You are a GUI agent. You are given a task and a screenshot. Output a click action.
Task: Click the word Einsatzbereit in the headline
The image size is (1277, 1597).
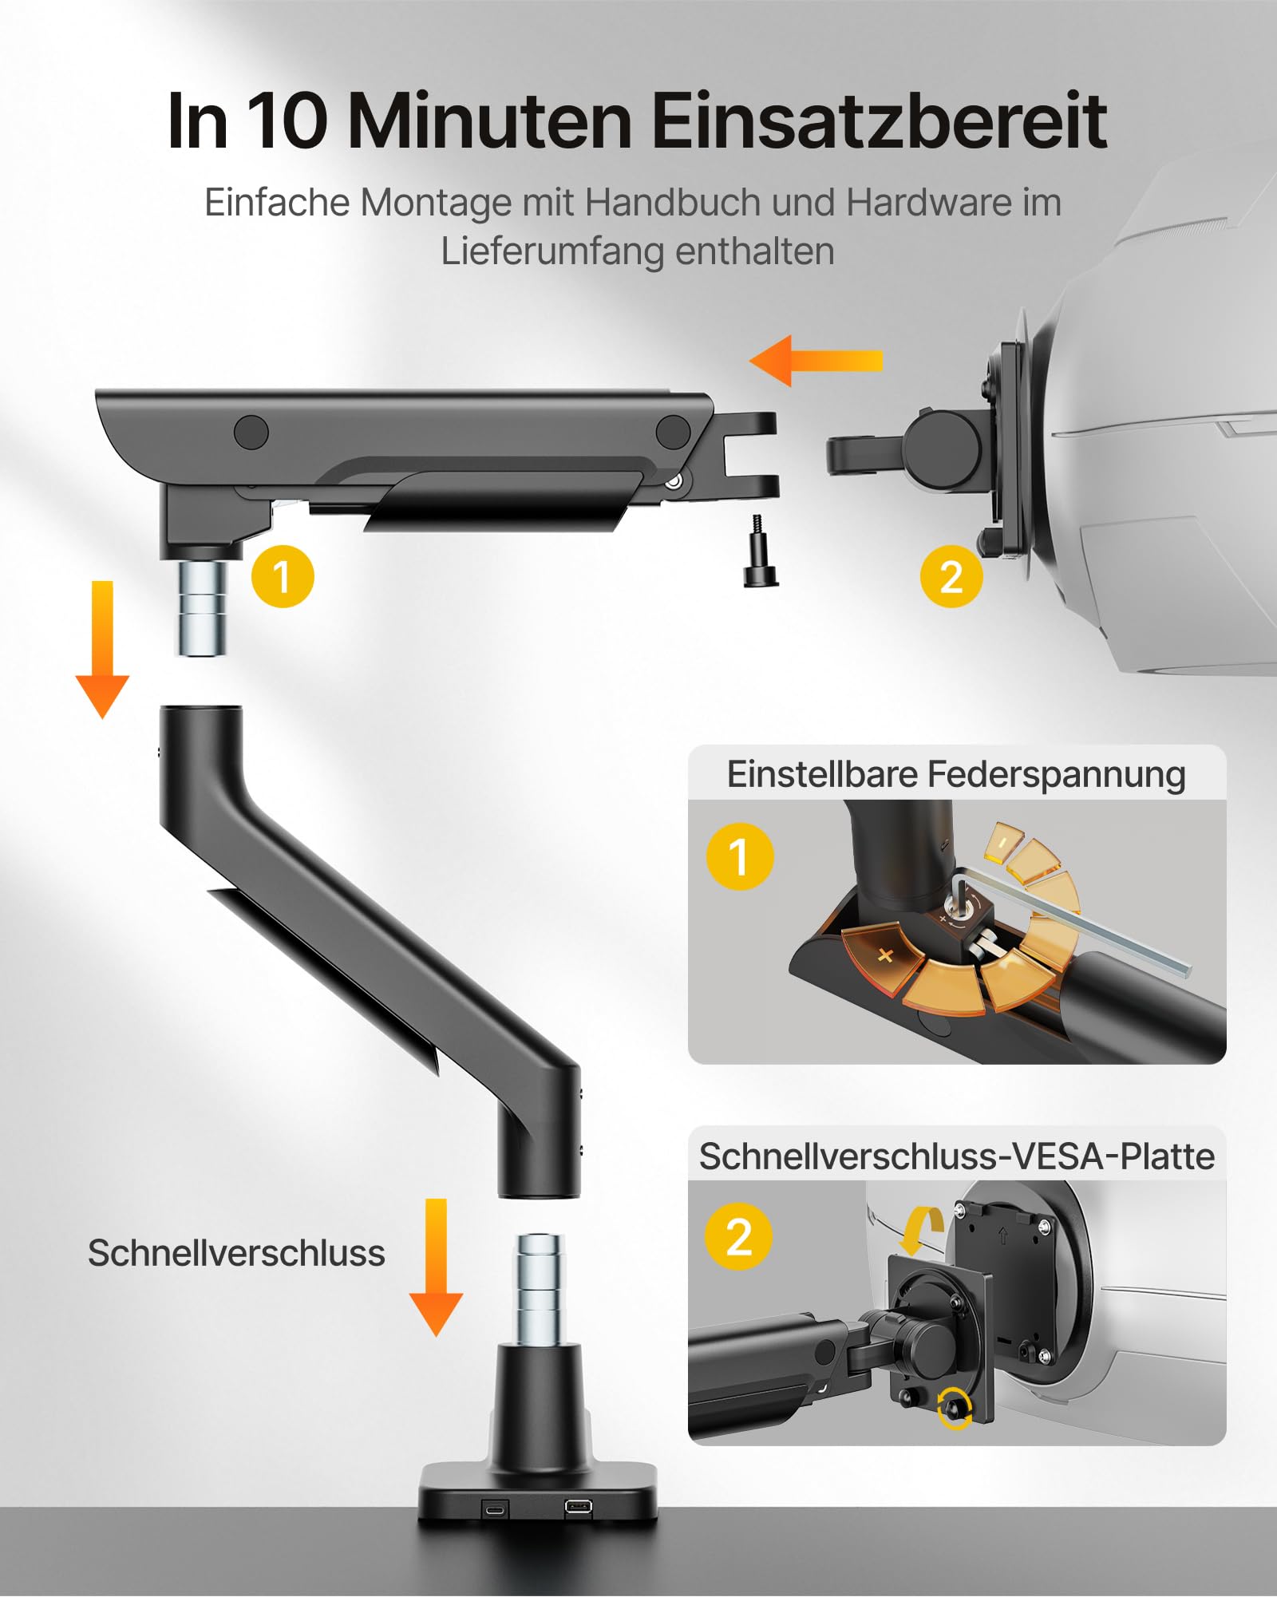tap(878, 121)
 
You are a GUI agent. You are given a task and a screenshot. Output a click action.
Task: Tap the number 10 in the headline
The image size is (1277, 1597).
tap(285, 121)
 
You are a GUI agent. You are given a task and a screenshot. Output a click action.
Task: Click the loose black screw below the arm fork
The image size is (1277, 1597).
tap(760, 552)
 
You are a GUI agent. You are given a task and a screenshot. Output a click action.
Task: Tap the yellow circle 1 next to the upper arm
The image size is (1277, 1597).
tap(283, 576)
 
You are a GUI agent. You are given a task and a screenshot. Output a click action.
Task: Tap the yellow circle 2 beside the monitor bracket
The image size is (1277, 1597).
tap(951, 576)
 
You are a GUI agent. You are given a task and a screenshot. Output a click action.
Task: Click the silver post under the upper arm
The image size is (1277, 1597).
tap(200, 608)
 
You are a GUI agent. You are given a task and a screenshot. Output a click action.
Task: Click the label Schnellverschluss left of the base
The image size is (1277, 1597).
tap(236, 1253)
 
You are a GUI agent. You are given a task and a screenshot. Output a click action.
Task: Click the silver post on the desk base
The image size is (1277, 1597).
tap(539, 1287)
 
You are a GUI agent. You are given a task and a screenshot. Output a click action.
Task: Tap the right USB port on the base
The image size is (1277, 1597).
tap(578, 1508)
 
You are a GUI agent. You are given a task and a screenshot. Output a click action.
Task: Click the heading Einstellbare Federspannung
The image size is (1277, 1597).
tap(956, 774)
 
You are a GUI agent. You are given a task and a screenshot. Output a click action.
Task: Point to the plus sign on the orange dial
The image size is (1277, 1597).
tap(885, 955)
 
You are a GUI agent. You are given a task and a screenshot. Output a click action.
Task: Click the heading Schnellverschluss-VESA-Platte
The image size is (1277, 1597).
tap(956, 1156)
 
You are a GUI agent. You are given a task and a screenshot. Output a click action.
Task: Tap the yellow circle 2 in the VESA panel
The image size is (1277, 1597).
tap(738, 1237)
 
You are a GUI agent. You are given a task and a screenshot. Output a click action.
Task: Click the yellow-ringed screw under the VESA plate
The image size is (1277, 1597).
tap(955, 1408)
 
